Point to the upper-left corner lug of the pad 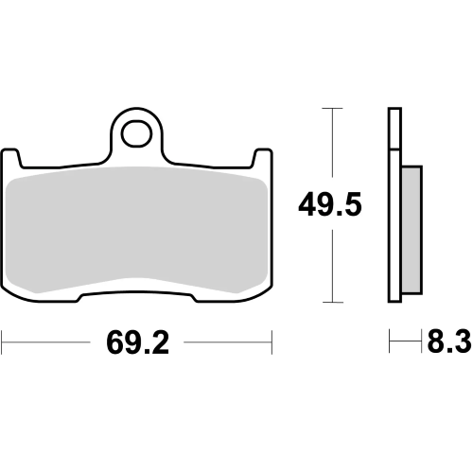pyautogui.click(x=14, y=157)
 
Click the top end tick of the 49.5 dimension pyautogui.click(x=329, y=109)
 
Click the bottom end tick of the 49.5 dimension pyautogui.click(x=329, y=303)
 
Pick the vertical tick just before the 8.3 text pyautogui.click(x=420, y=339)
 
